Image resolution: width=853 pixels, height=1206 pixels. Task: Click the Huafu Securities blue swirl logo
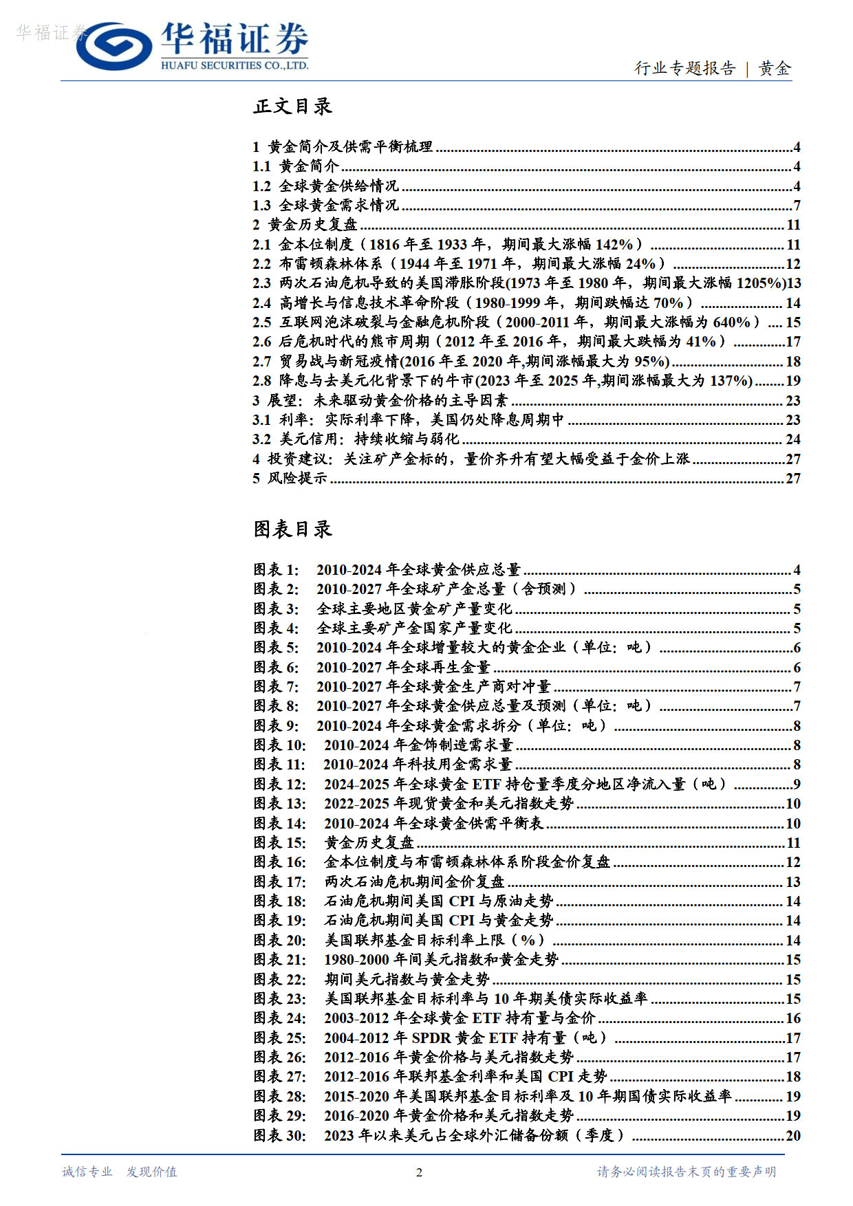pos(114,46)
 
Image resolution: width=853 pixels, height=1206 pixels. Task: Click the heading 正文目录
pos(292,107)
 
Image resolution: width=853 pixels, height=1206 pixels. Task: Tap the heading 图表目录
pos(292,529)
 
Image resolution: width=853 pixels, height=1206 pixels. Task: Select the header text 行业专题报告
pos(684,68)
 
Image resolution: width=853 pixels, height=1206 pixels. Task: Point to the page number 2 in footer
pos(419,1172)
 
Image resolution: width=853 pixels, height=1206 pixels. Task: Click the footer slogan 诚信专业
pos(87,1172)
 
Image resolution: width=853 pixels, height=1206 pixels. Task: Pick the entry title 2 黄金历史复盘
pos(305,225)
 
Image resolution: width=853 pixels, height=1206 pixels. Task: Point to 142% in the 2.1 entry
pos(614,245)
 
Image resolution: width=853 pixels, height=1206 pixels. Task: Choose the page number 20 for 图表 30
pos(792,1136)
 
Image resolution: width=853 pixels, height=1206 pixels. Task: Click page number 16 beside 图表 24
pos(792,1018)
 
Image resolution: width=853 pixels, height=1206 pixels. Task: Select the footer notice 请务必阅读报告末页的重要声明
pos(686,1172)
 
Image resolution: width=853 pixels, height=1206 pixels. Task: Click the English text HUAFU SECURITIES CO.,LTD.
pos(235,66)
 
